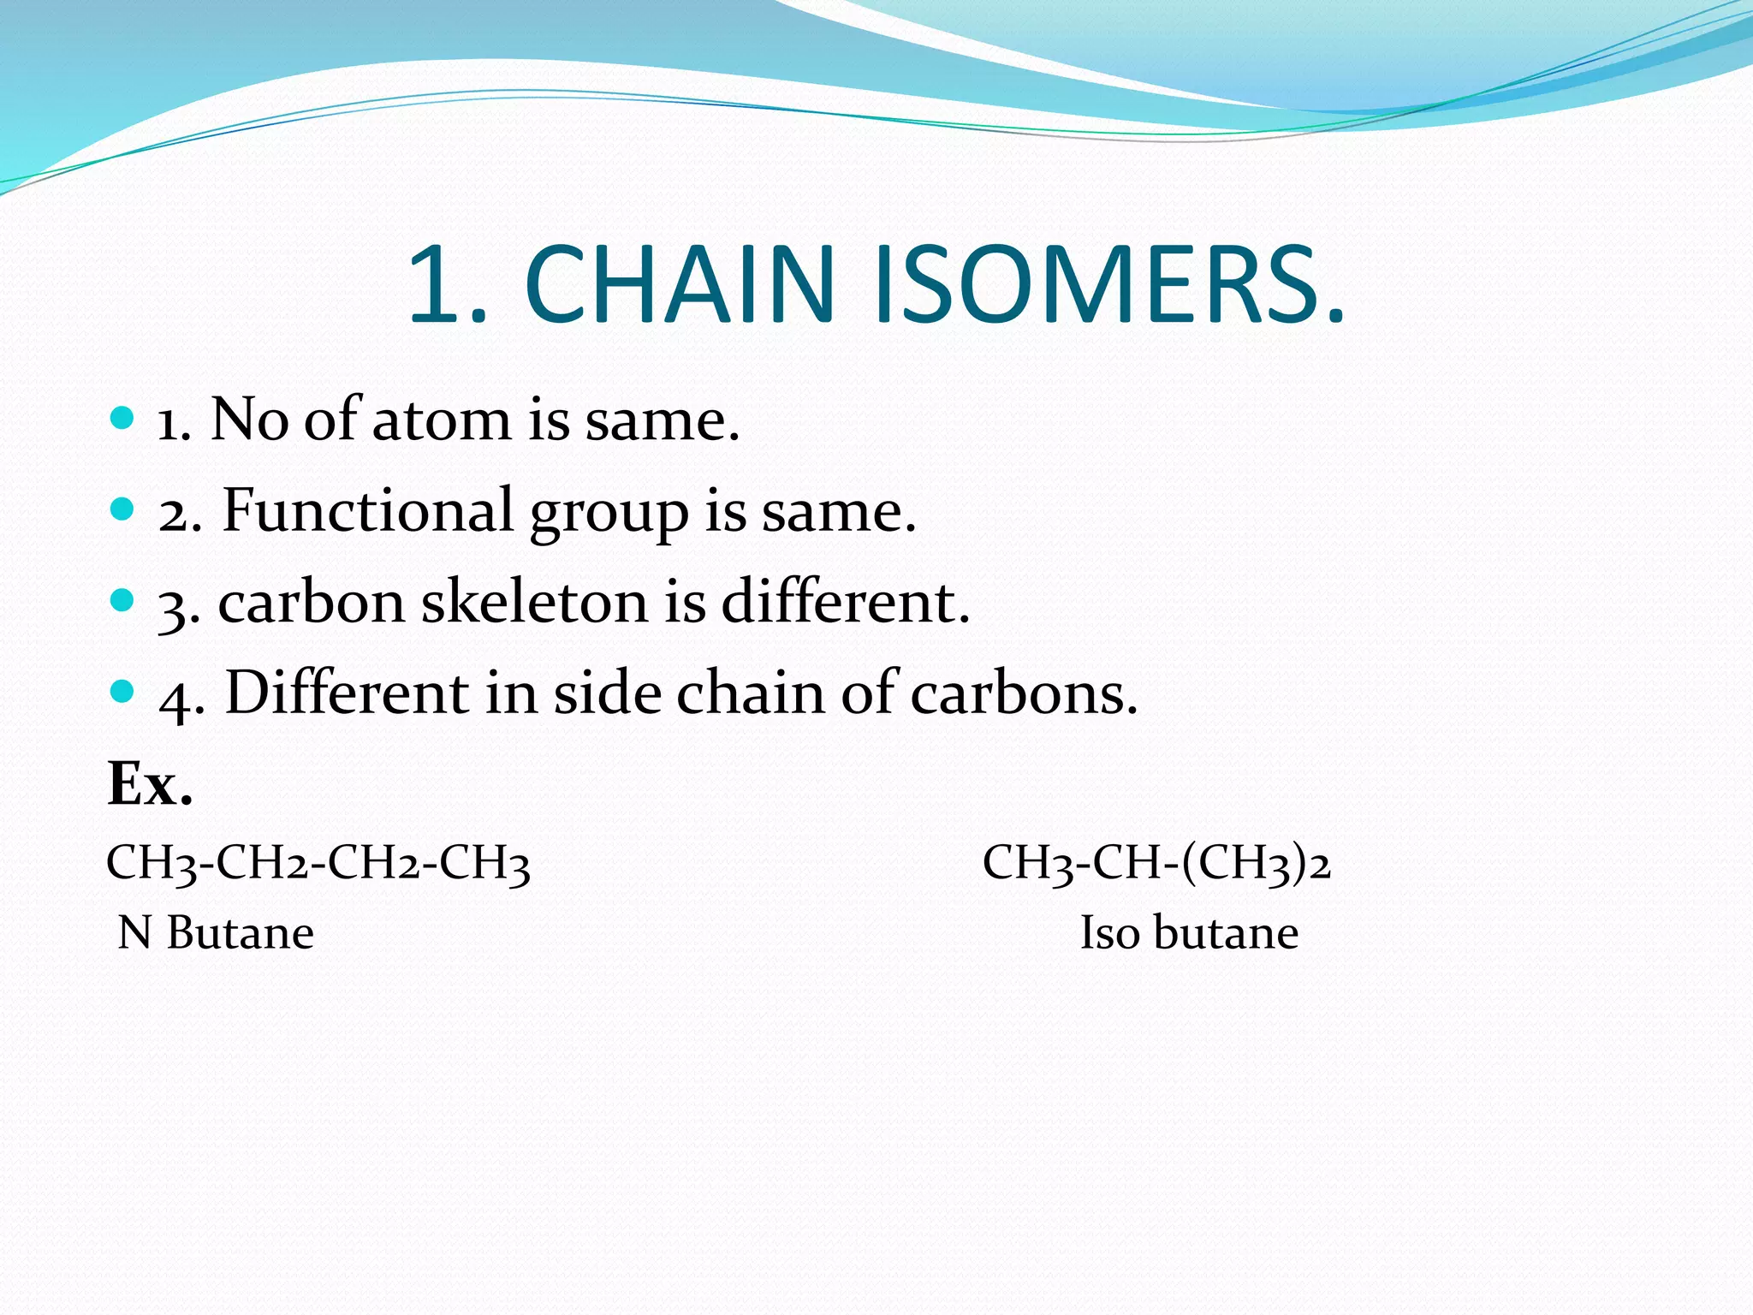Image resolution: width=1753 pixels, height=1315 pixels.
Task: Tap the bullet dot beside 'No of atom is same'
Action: click(x=123, y=418)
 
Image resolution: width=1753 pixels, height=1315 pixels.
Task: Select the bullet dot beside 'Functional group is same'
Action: click(x=123, y=509)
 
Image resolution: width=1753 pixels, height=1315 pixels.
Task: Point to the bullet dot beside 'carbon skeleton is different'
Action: click(x=123, y=600)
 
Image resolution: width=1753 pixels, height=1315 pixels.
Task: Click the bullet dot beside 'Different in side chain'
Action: click(x=123, y=691)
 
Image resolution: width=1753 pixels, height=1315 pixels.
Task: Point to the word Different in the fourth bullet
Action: click(x=347, y=693)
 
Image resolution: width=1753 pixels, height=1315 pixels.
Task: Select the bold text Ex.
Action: click(x=150, y=784)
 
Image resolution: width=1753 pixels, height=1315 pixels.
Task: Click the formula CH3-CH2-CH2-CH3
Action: click(x=318, y=862)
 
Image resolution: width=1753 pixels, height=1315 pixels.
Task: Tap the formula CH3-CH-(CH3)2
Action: click(x=1156, y=862)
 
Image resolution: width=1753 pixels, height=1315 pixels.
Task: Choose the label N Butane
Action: click(x=216, y=933)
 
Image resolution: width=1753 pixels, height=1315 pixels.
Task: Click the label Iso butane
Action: click(x=1189, y=933)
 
